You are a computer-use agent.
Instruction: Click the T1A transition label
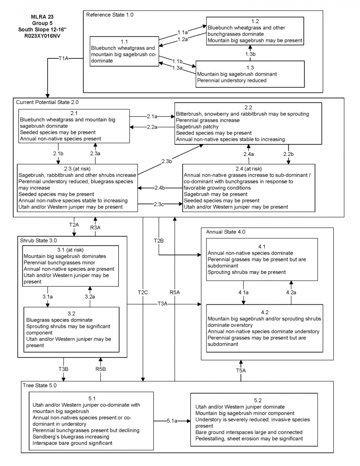coord(63,58)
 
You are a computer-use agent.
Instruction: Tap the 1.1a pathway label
coord(182,32)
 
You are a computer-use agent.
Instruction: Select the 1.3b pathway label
coord(251,54)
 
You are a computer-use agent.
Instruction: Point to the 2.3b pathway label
coord(167,161)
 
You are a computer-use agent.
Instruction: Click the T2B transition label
coord(158,241)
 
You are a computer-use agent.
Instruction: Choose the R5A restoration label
coord(175,292)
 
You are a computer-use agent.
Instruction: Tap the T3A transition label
coord(162,305)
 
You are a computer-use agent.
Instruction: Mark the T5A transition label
coord(241,370)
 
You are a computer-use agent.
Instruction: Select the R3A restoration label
coord(95,228)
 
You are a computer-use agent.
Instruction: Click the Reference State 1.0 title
coord(110,15)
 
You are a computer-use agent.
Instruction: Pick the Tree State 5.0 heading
coord(40,385)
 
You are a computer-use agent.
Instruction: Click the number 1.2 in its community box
coord(255,21)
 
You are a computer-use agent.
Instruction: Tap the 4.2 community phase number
coord(265,312)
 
